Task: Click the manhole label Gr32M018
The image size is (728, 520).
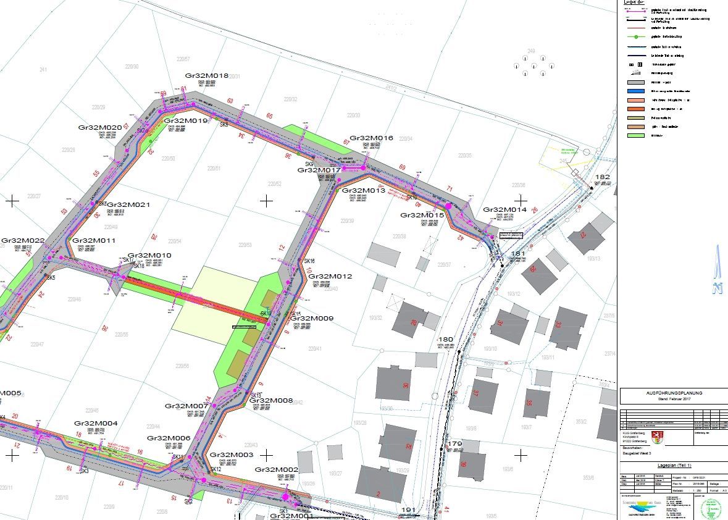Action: [207, 75]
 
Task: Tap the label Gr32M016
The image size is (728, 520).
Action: [371, 138]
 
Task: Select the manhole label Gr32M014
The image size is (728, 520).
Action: [504, 210]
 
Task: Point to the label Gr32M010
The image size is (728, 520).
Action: [149, 255]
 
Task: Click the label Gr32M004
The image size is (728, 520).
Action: [96, 423]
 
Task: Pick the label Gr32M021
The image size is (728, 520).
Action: [129, 204]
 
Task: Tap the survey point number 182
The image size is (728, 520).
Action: [602, 177]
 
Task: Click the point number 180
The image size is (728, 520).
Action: [445, 340]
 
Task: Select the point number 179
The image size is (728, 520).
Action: [454, 444]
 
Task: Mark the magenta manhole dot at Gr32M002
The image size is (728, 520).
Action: [285, 496]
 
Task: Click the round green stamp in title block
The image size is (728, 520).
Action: [713, 508]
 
